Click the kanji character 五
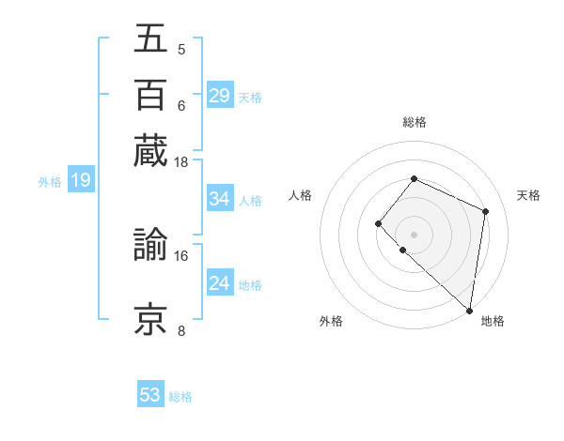(x=150, y=38)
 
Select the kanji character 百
(x=150, y=95)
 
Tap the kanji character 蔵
(x=150, y=150)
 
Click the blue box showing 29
(x=219, y=96)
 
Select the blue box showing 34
(x=219, y=199)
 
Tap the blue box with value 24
(x=219, y=283)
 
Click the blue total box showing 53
(x=150, y=395)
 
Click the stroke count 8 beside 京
(x=180, y=330)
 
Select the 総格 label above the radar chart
(x=414, y=122)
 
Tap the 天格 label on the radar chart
(x=528, y=195)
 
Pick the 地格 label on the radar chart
(x=493, y=321)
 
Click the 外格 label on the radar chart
(x=331, y=321)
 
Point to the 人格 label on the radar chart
(x=301, y=195)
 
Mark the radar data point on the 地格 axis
(x=469, y=311)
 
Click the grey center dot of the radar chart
(x=414, y=234)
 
